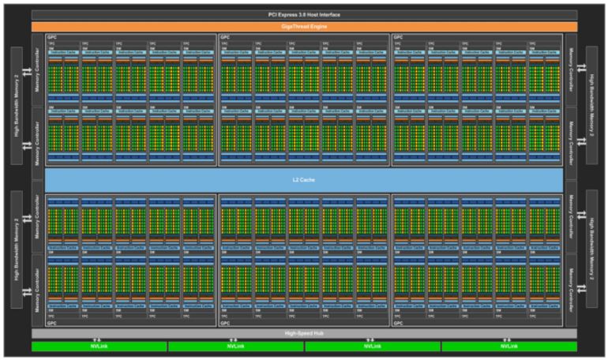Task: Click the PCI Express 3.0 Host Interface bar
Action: (x=304, y=14)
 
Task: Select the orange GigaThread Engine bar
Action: (x=304, y=26)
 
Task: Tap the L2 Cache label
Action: (x=304, y=179)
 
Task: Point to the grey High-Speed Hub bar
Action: (x=304, y=334)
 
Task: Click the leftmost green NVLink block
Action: (x=99, y=346)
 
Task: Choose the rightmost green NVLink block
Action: (x=509, y=346)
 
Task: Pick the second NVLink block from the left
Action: (x=235, y=346)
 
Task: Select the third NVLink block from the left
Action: (x=372, y=346)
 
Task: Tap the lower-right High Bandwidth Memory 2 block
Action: (x=591, y=253)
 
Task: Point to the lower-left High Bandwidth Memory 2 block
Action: (x=18, y=253)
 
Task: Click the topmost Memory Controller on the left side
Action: (x=38, y=69)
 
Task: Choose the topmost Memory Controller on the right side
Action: (x=571, y=69)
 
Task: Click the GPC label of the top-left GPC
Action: (x=51, y=37)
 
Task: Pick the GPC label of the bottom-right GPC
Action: (x=397, y=324)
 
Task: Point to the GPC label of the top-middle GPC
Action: (x=224, y=37)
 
